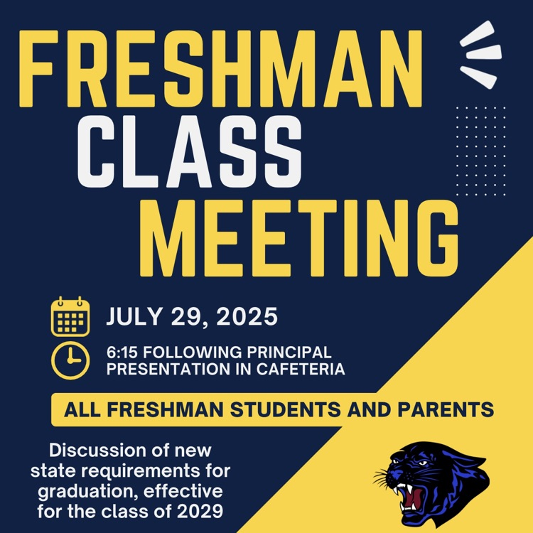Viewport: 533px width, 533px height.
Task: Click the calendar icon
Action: click(70, 317)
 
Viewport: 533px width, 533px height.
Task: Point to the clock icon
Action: click(70, 360)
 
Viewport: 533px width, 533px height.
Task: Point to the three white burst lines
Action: click(481, 50)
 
